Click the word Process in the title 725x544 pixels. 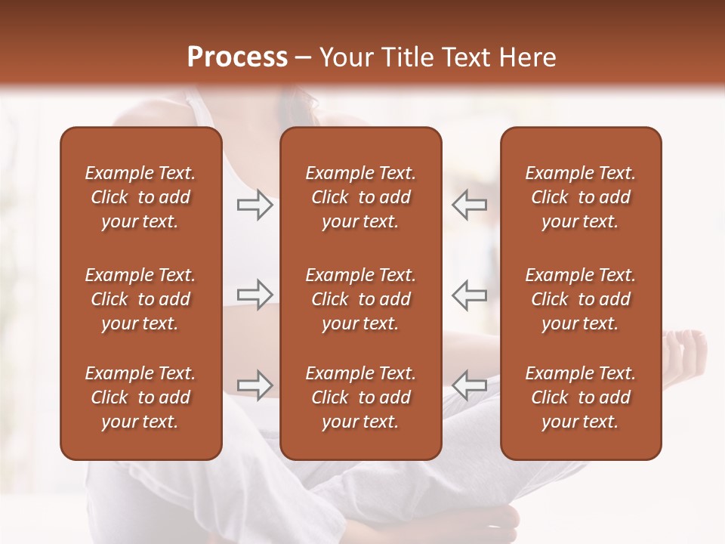point(237,57)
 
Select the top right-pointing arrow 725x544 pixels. point(255,205)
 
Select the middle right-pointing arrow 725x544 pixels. point(255,295)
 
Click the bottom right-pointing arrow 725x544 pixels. point(255,385)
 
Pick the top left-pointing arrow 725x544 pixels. point(470,205)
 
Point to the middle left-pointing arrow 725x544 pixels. point(470,295)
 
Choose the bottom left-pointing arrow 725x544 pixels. point(470,385)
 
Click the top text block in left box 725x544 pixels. point(140,197)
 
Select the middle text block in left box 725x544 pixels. point(140,299)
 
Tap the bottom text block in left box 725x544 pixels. point(140,397)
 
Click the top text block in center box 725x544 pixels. point(361,197)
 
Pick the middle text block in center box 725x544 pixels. point(361,299)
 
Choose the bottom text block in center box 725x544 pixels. point(361,397)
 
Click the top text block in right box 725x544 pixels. point(581,197)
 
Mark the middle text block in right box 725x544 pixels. point(581,299)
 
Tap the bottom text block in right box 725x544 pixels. point(581,397)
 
